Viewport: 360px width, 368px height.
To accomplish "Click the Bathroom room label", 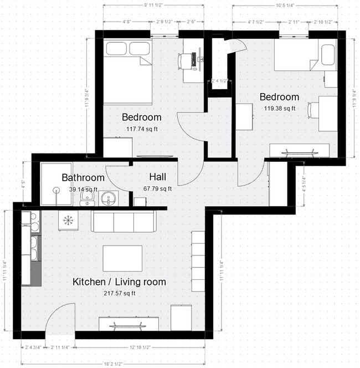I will click(x=83, y=178).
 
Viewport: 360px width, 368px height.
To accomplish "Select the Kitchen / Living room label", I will click(x=119, y=282).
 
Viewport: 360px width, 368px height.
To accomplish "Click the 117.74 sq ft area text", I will click(x=142, y=129).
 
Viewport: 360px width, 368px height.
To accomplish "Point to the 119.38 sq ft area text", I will click(x=280, y=109).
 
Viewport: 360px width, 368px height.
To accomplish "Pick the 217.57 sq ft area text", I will click(x=120, y=293).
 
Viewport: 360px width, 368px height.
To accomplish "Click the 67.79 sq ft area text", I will click(x=158, y=189).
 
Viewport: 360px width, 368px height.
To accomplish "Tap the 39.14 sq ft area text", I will click(x=83, y=189).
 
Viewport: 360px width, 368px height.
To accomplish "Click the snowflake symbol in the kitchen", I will click(x=68, y=220).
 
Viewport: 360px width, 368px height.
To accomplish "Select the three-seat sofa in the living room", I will click(x=123, y=222).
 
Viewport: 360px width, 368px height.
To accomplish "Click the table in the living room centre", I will click(x=122, y=258).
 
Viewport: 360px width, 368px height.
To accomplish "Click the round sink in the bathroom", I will click(x=109, y=198).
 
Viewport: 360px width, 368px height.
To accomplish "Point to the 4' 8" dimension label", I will click(x=126, y=22).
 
